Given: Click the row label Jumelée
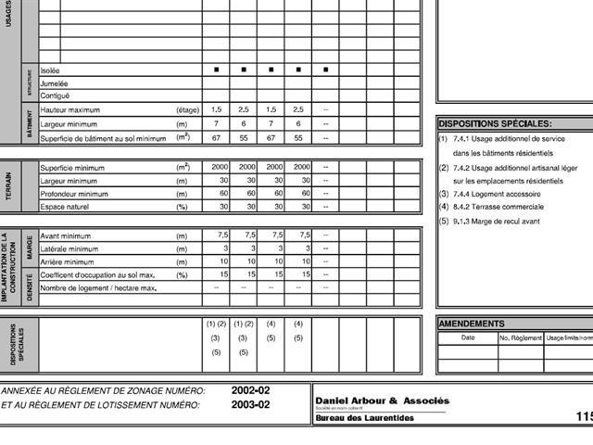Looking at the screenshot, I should click(55, 83).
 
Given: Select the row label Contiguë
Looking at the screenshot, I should click(55, 95).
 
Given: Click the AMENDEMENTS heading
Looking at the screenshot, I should click(472, 324).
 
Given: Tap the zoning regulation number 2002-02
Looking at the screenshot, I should click(250, 391).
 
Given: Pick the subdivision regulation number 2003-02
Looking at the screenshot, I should click(250, 405).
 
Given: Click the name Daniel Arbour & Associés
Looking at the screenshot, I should click(382, 400).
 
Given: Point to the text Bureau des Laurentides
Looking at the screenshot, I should click(365, 418).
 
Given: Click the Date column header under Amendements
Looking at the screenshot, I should click(468, 337).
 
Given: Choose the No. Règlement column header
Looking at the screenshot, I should click(520, 338).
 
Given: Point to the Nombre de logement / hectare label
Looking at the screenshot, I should click(98, 288).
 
